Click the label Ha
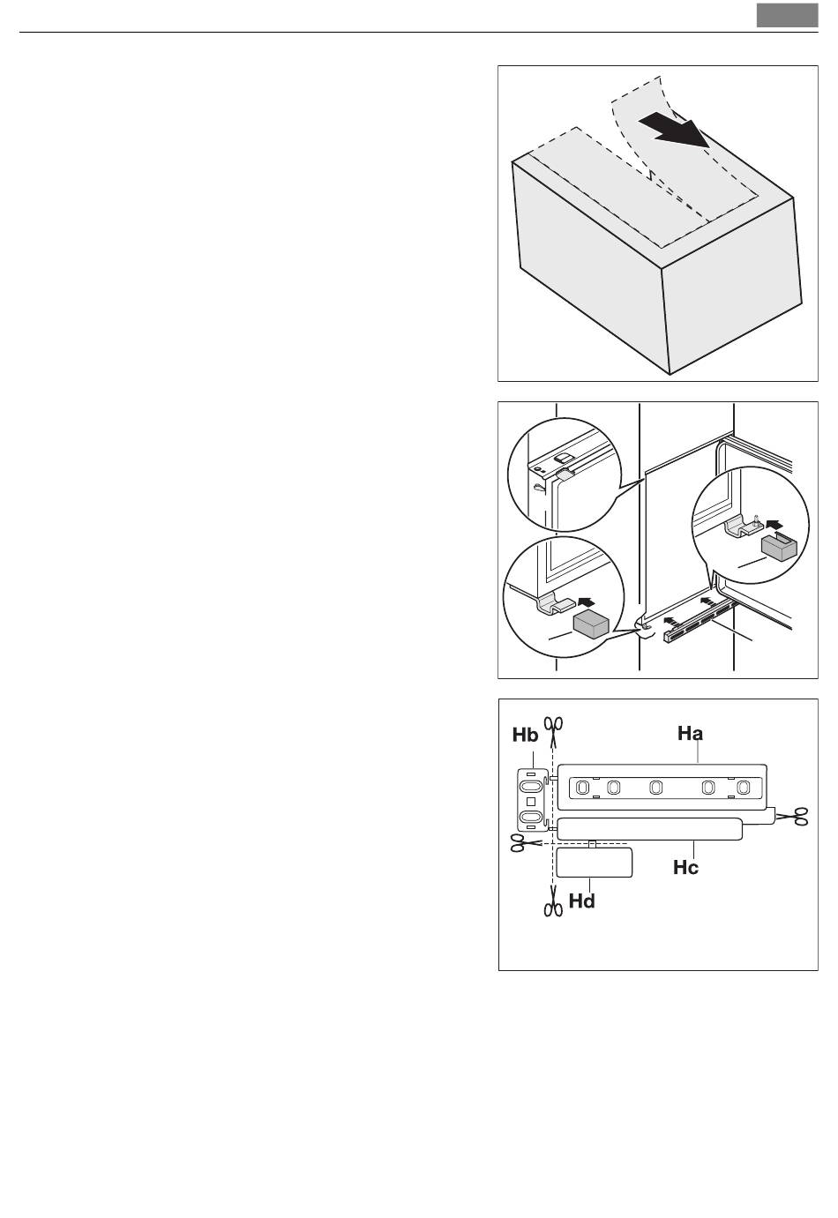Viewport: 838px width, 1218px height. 690,734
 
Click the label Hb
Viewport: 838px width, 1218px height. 525,736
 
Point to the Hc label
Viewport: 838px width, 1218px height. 685,867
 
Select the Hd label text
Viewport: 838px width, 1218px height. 581,901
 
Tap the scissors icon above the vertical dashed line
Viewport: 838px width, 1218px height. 554,731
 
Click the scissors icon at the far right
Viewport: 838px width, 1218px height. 792,816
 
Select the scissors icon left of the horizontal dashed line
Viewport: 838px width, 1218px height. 526,843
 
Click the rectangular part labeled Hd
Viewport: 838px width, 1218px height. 594,862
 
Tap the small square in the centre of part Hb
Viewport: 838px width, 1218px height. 531,802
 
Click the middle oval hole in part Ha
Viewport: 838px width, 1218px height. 655,788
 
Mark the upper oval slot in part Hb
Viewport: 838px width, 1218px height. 531,786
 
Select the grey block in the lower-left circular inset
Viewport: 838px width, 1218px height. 591,624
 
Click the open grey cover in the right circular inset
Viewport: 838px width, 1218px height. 778,547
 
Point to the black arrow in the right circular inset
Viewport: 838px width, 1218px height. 774,524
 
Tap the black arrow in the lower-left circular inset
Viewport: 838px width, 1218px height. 587,602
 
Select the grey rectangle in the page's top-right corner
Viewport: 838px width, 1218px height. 787,15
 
